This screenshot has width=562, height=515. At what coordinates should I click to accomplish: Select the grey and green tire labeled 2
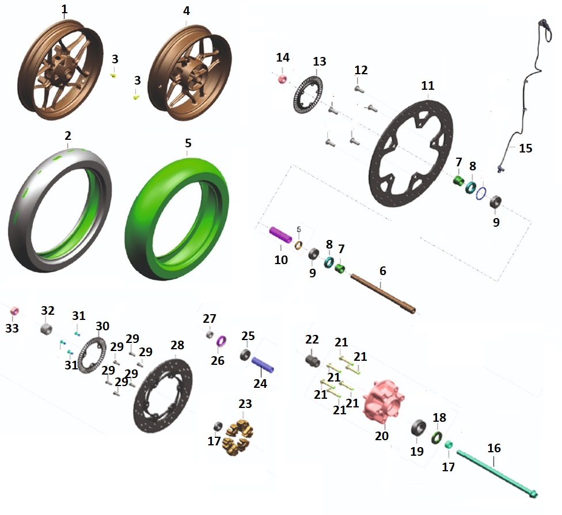(21, 215)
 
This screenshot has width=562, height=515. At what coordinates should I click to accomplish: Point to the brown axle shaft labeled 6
(383, 293)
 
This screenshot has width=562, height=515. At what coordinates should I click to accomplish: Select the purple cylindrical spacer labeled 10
(280, 234)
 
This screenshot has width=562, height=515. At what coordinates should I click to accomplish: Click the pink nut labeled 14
(282, 79)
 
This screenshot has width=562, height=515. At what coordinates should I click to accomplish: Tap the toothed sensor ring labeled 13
(296, 100)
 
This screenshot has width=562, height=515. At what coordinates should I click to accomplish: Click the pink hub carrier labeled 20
(383, 400)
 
